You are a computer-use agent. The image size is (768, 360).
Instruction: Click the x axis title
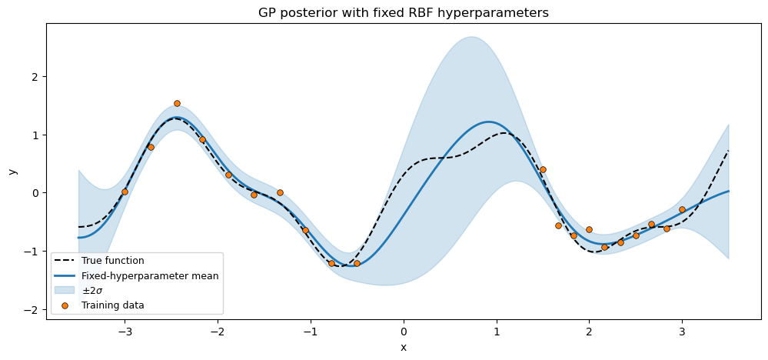tap(403, 348)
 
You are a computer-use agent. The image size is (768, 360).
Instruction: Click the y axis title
tap(12, 171)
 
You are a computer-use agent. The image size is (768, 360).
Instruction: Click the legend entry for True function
tap(112, 261)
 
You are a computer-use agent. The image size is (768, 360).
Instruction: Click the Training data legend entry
tap(112, 305)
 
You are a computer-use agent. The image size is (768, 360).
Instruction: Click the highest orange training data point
tap(177, 103)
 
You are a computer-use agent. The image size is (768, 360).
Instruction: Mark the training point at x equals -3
tap(125, 192)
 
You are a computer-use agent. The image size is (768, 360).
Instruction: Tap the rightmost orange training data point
tap(682, 209)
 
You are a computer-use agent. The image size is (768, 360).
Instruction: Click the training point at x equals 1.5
tap(543, 169)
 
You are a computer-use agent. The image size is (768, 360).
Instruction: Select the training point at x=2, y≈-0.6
tap(589, 229)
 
